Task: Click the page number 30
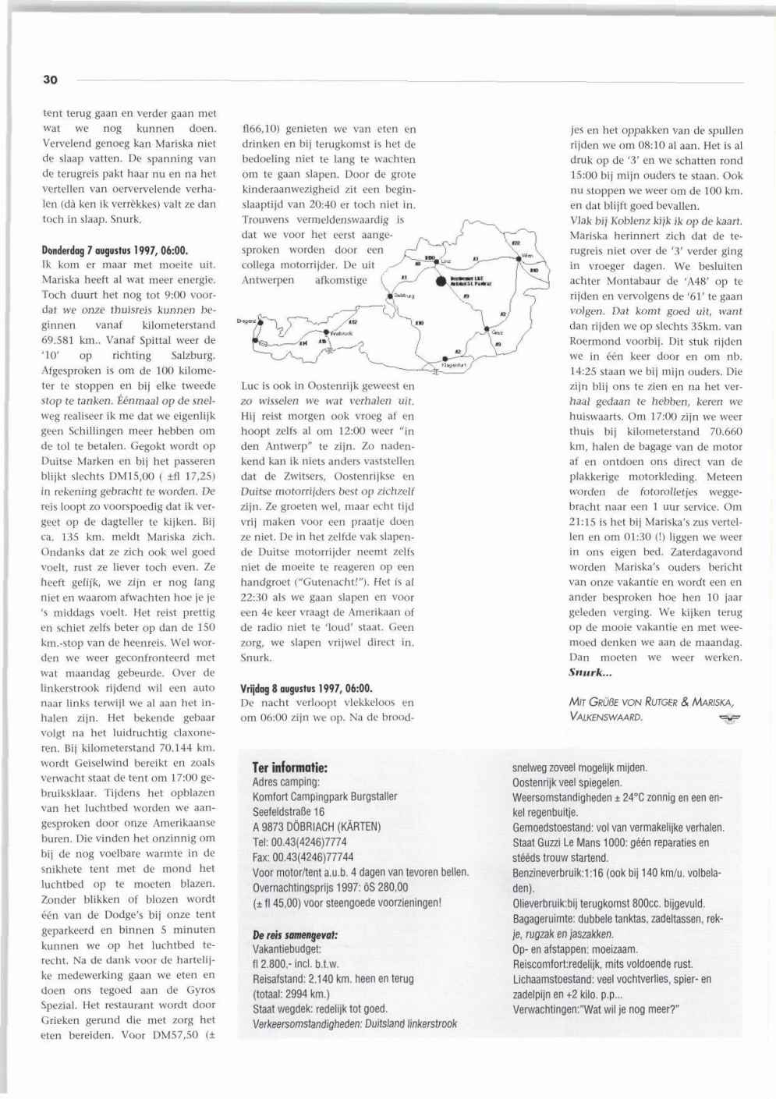tap(50, 80)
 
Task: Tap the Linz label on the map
tap(447, 261)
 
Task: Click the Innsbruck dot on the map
tap(324, 330)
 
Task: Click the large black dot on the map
tap(441, 281)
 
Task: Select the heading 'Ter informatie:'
tap(289, 768)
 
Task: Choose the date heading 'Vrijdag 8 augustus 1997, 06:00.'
tap(307, 688)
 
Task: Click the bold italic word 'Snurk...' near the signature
tap(590, 672)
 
